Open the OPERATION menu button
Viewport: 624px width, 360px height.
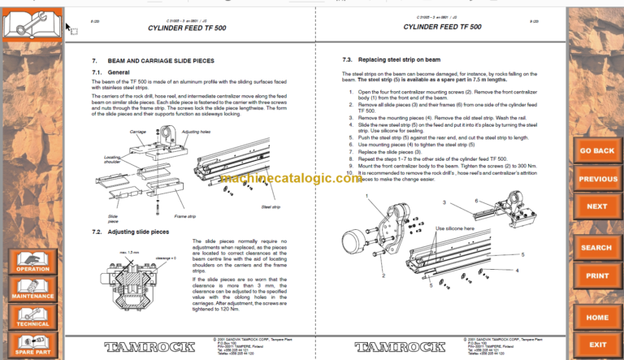(x=32, y=261)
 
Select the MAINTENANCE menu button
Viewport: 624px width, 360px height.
(x=32, y=290)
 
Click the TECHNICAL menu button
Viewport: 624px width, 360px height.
(x=32, y=318)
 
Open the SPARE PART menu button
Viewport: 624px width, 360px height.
(x=32, y=346)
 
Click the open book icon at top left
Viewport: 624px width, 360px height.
(x=32, y=21)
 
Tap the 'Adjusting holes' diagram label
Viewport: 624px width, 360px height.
(x=196, y=131)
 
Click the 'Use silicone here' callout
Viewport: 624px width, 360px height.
(x=450, y=229)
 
